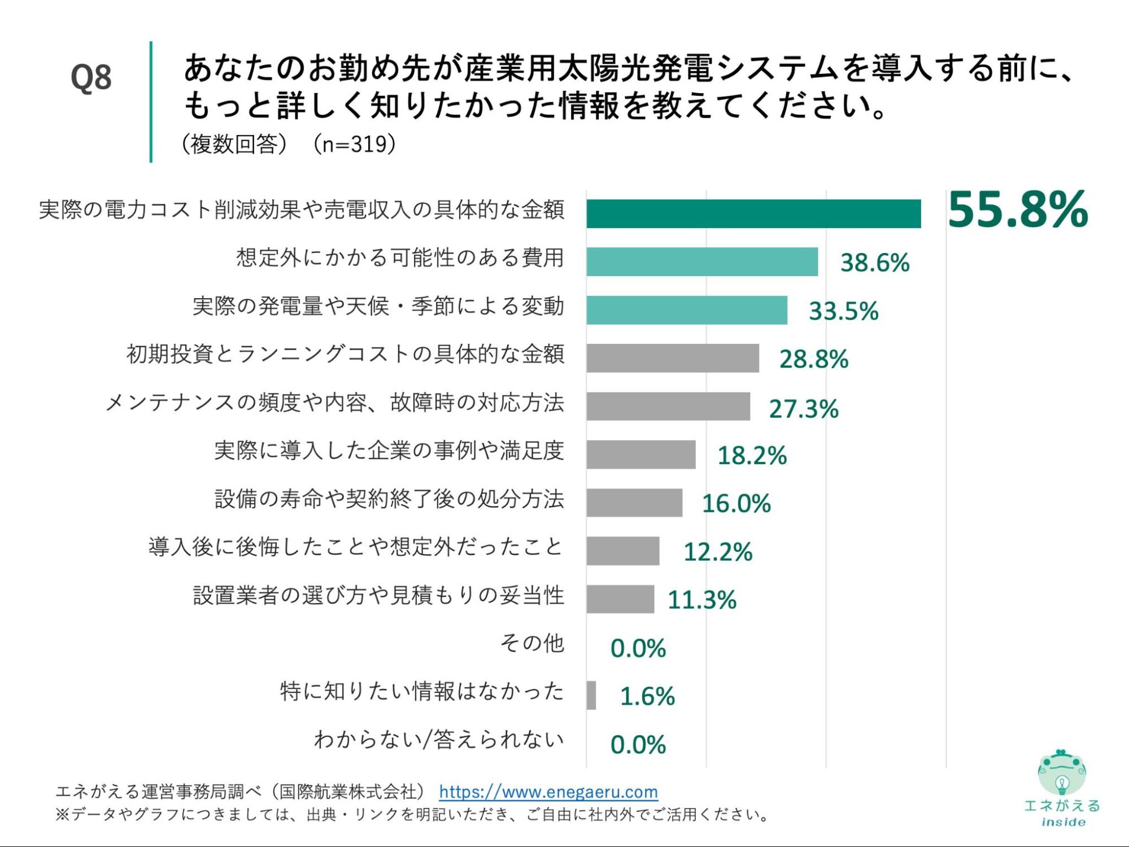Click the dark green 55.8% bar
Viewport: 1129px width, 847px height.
click(x=753, y=213)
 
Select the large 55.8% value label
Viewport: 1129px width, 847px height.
click(x=1017, y=210)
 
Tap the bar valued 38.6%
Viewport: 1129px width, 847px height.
click(x=701, y=261)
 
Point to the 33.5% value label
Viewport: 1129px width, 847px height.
click(x=843, y=311)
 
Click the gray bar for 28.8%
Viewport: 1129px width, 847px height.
click(x=672, y=358)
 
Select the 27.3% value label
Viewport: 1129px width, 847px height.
click(x=803, y=408)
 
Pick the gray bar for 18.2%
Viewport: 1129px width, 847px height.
click(x=640, y=455)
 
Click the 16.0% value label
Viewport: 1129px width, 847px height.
click(x=736, y=503)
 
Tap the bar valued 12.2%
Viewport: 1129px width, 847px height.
click(x=622, y=551)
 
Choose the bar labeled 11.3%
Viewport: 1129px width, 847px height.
click(x=620, y=599)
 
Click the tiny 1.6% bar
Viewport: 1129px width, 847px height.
click(x=591, y=695)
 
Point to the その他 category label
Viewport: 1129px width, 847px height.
click(x=532, y=643)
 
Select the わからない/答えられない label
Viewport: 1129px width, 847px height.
click(x=439, y=739)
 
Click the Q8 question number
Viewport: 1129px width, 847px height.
click(x=91, y=77)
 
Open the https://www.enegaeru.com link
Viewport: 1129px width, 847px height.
click(x=548, y=792)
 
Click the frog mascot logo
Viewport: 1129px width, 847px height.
click(x=1061, y=772)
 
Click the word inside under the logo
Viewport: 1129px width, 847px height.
click(x=1063, y=822)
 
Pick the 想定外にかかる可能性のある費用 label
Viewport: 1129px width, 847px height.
click(x=400, y=257)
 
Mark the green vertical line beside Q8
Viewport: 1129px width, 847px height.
click(x=151, y=102)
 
